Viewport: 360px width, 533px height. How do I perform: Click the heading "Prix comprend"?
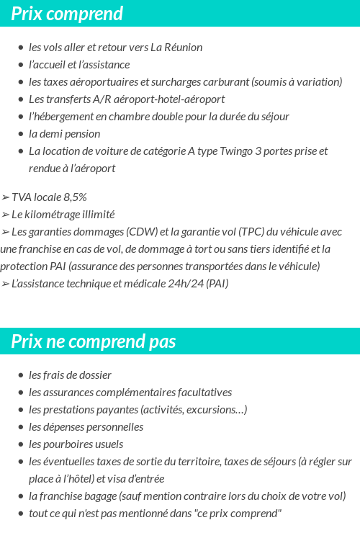pyautogui.click(x=67, y=14)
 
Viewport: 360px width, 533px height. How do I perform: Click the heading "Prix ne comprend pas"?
pyautogui.click(x=93, y=341)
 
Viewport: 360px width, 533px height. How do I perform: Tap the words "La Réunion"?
pyautogui.click(x=176, y=48)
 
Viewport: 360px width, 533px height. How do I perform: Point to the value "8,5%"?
pyautogui.click(x=73, y=197)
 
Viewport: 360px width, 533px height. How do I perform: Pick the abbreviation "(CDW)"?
pyautogui.click(x=143, y=232)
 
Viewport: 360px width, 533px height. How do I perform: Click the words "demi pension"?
pyautogui.click(x=70, y=134)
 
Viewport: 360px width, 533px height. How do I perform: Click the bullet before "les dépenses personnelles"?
pyautogui.click(x=21, y=427)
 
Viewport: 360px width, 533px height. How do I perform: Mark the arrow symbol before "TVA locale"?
pyautogui.click(x=5, y=197)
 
